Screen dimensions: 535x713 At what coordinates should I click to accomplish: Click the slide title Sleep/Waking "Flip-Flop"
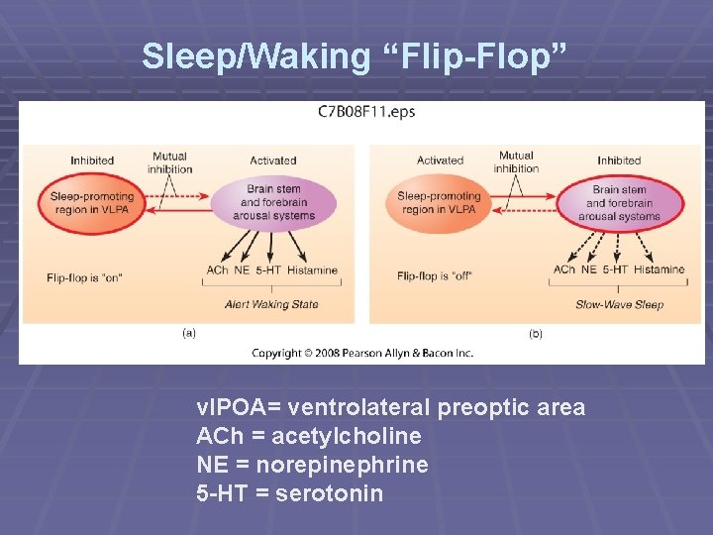tap(356, 56)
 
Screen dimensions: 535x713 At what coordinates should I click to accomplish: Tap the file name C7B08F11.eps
tap(366, 112)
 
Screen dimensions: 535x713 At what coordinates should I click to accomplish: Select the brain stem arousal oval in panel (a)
tap(273, 202)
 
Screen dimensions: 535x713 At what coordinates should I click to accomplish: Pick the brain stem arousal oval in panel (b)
tap(619, 202)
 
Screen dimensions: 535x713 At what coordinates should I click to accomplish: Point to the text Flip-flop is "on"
tap(85, 277)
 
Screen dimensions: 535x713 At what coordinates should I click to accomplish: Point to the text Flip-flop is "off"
tap(434, 275)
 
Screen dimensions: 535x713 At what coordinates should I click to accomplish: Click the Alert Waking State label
tap(271, 304)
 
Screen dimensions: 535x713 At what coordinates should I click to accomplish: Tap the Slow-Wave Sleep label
tap(619, 304)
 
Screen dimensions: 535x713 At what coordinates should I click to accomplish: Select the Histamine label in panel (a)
tap(313, 269)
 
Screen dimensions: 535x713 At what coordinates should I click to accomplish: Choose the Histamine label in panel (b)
tap(659, 269)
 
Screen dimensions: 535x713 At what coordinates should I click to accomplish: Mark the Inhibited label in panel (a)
tap(92, 160)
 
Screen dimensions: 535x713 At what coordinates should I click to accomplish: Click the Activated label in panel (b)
tap(440, 160)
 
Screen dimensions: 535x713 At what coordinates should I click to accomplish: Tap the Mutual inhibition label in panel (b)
tap(516, 161)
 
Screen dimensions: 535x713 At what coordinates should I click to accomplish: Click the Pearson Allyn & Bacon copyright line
tap(362, 353)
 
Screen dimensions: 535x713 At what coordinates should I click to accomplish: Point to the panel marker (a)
tap(188, 333)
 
